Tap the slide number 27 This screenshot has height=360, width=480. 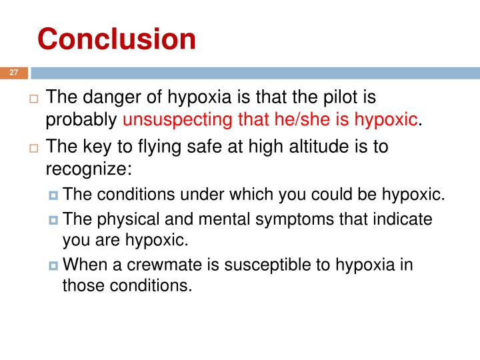[x=14, y=73]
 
